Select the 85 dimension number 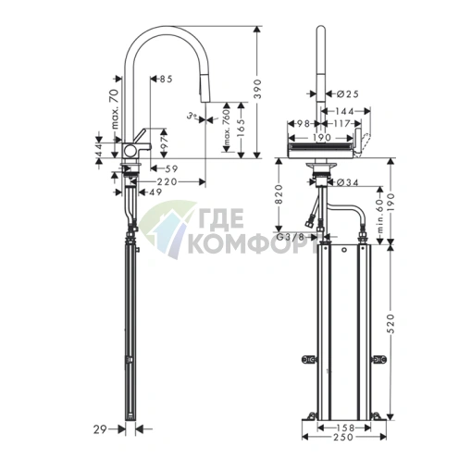pos(166,80)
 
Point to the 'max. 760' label pos(227,128)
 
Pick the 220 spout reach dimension pos(167,181)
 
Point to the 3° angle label pos(190,117)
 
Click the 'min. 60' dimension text pos(378,214)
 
